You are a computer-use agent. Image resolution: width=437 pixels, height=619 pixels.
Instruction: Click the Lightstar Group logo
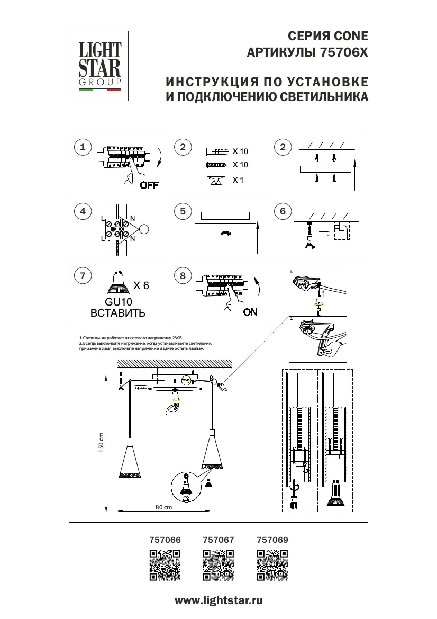[x=100, y=66]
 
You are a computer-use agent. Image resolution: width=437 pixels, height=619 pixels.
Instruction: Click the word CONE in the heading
[x=350, y=36]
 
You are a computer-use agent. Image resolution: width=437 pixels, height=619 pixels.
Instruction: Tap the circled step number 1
[x=82, y=147]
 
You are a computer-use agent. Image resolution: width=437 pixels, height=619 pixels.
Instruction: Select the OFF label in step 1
[x=149, y=185]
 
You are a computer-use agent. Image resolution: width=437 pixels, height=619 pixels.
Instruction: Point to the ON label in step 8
[x=250, y=312]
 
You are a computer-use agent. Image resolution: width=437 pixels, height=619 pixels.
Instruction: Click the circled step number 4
[x=82, y=212]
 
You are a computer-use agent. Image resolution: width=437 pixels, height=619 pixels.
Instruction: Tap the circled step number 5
[x=183, y=212]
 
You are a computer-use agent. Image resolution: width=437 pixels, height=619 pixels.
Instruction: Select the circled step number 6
[x=283, y=212]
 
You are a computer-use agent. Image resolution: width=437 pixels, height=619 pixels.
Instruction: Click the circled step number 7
[x=82, y=275]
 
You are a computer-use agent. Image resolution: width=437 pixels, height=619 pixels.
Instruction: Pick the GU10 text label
[x=118, y=301]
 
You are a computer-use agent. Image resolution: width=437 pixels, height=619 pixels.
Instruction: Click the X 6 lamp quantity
[x=141, y=285]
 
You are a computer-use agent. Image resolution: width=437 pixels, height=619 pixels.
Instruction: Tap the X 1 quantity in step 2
[x=238, y=180]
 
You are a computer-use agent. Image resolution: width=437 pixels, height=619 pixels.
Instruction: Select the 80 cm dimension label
[x=164, y=507]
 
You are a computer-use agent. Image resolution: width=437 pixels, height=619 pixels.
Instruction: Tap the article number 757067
[x=218, y=540]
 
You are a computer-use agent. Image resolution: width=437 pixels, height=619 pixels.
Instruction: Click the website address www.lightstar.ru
[x=218, y=600]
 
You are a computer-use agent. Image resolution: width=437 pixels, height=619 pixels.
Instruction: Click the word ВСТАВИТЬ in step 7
[x=118, y=313]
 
